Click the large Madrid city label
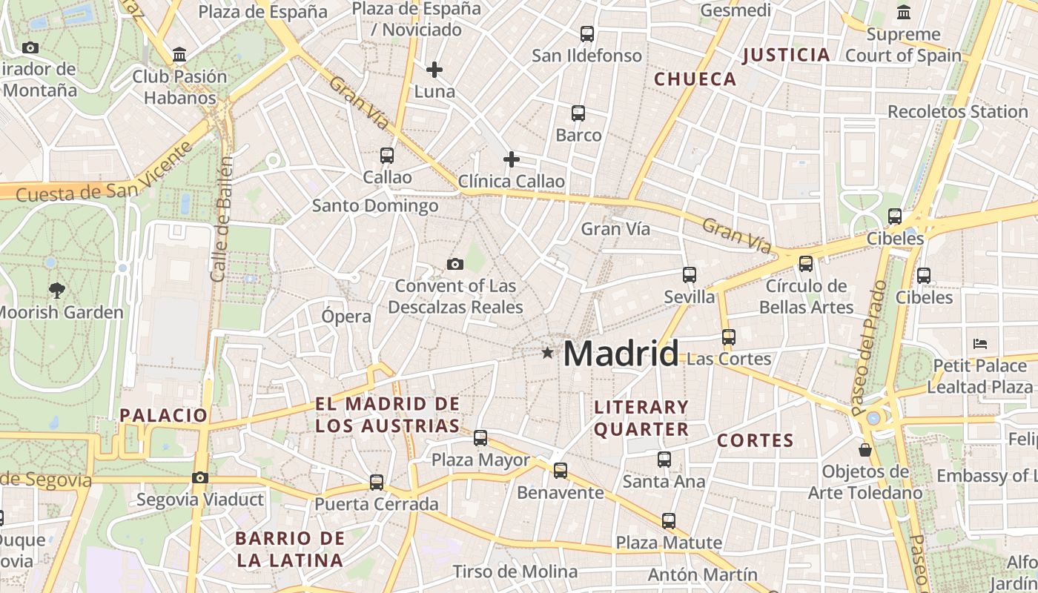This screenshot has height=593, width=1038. point(621,354)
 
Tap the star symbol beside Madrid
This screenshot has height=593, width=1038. point(548,353)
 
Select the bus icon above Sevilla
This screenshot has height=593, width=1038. point(690,275)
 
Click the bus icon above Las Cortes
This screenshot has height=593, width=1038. point(729,337)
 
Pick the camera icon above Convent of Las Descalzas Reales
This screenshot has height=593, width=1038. point(455,264)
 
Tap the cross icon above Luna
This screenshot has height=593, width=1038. point(434,70)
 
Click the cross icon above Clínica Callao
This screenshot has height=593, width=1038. point(512,159)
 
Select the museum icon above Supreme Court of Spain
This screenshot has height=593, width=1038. point(904,13)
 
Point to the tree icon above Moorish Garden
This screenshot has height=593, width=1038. point(56,290)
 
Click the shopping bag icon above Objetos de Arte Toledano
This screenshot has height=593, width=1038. point(865,450)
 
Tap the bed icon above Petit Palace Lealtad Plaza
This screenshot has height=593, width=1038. point(980,344)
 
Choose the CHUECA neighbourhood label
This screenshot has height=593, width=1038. point(695,79)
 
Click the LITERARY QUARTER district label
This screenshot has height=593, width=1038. point(641,418)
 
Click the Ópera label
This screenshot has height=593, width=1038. point(346,317)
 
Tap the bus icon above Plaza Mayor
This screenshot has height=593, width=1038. point(480,438)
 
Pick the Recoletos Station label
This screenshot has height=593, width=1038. point(957,112)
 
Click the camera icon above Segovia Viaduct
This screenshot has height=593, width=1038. point(199,477)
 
